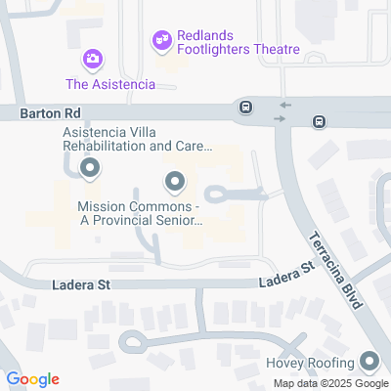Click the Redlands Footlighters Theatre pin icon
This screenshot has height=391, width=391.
[161, 41]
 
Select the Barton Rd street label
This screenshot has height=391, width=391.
[39, 114]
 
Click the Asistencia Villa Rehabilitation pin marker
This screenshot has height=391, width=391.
[90, 170]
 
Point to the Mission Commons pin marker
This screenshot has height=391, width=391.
[175, 181]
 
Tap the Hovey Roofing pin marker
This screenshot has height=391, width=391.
[369, 361]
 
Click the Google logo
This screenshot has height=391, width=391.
[32, 379]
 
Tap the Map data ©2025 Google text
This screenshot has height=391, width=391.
[330, 383]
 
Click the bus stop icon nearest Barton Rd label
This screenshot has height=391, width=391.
[245, 107]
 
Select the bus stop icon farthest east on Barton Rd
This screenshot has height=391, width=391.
[319, 121]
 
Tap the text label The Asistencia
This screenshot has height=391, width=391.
[110, 84]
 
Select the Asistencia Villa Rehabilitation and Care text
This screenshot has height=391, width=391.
[137, 140]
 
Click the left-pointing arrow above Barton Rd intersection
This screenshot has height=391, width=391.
[284, 104]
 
